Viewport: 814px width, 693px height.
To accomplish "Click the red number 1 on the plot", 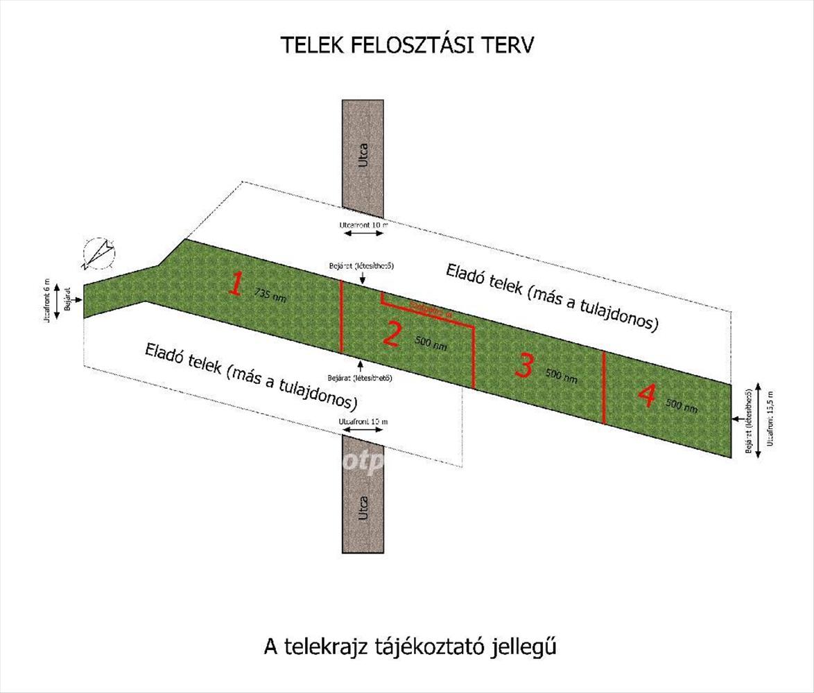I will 236,284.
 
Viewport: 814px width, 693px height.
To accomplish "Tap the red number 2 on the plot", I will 392,335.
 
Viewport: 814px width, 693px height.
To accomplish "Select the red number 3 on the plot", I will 525,365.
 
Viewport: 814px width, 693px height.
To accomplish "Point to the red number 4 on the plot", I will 646,396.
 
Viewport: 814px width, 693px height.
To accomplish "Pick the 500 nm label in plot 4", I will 682,405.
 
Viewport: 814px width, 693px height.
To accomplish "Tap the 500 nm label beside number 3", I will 561,376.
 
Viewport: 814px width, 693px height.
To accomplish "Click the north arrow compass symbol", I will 99,253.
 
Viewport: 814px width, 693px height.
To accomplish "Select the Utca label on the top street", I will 363,154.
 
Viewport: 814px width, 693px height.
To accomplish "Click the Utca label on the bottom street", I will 363,509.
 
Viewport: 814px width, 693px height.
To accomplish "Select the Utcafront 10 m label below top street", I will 363,225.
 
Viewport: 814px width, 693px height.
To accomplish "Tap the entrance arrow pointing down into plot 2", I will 363,277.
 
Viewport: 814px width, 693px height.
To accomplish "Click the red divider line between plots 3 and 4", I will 604,387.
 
